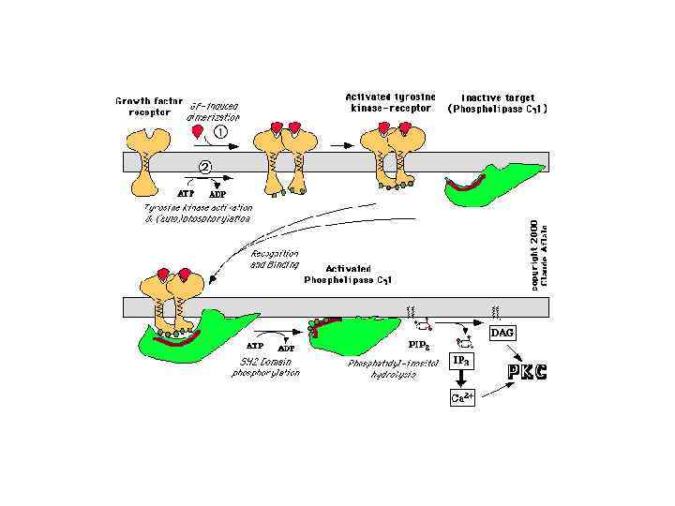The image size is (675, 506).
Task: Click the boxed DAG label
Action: (503, 333)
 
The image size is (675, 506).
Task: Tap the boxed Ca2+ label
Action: (463, 397)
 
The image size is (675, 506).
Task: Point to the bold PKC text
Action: (527, 371)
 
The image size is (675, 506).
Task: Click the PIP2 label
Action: (417, 346)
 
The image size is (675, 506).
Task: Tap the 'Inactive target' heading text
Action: (498, 97)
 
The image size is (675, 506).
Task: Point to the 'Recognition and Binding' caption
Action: (274, 259)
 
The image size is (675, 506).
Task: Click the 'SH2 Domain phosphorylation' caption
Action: (266, 367)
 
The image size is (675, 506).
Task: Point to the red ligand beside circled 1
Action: (197, 132)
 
